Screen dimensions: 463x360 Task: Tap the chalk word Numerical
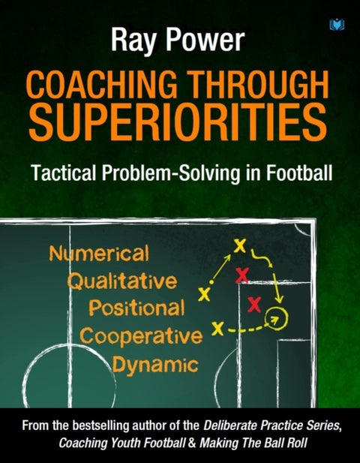(x=99, y=254)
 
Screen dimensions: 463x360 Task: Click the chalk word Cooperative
(x=139, y=335)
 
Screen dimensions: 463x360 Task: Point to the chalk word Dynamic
(x=155, y=364)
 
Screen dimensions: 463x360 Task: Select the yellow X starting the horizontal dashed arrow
(x=217, y=328)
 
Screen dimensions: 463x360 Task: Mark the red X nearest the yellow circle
(x=253, y=304)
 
